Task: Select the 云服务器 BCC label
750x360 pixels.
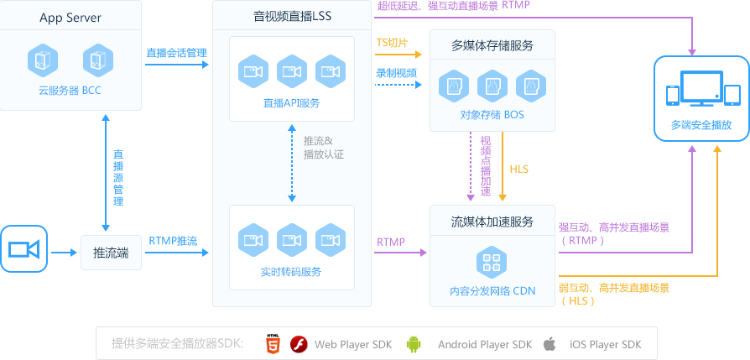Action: tap(70, 91)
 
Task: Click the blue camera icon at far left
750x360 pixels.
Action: tap(24, 249)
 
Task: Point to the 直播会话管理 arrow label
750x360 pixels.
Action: tap(176, 53)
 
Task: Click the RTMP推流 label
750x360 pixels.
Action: tap(173, 241)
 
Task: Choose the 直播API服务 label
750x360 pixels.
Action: tap(291, 103)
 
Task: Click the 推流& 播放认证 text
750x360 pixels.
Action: tap(323, 148)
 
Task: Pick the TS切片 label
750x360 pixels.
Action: tap(392, 42)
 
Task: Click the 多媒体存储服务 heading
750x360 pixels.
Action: tap(492, 45)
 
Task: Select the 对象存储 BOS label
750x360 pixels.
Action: tap(492, 114)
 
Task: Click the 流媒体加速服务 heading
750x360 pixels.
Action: tap(492, 222)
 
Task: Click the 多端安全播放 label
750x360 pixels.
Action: tap(701, 126)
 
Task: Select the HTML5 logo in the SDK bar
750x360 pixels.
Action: tap(273, 344)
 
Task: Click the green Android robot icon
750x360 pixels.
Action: tap(413, 344)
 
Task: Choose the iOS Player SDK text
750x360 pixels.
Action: tap(605, 344)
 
